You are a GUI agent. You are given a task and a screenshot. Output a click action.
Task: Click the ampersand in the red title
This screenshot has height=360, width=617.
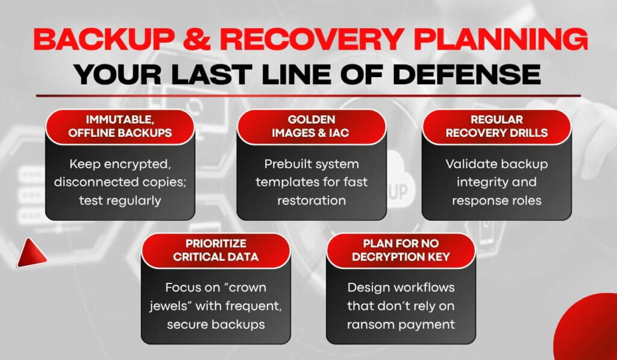[197, 39]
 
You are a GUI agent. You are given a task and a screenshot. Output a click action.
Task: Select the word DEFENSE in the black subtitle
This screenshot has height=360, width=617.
[467, 74]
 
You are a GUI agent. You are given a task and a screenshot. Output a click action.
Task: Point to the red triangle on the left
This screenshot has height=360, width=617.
[31, 253]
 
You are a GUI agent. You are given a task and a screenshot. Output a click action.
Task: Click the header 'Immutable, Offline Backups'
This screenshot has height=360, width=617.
[120, 127]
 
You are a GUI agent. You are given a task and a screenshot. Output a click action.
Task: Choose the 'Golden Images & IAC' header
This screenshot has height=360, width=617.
[312, 127]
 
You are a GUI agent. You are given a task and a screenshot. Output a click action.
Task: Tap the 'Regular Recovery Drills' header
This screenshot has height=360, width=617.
[496, 127]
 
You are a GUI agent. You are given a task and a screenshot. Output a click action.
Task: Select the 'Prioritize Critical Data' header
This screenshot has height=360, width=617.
[216, 250]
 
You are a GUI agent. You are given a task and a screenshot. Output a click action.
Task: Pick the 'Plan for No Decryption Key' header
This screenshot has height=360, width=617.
[401, 250]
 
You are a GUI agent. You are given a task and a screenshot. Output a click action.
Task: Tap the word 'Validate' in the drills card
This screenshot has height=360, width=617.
[468, 164]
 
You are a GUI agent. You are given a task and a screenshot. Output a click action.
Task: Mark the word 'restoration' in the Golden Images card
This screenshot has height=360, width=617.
[312, 200]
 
